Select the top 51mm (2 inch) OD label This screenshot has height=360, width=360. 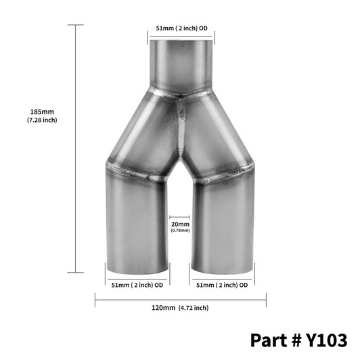(x=181, y=28)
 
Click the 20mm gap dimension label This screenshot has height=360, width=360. (x=180, y=223)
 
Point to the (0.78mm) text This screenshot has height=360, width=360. (x=180, y=230)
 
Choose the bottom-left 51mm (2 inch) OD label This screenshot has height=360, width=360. (x=137, y=284)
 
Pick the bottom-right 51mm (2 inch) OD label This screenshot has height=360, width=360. (x=221, y=284)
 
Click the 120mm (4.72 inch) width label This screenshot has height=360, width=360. (x=179, y=308)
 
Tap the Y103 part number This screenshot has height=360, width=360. (x=326, y=338)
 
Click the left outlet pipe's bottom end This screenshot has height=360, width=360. (x=138, y=265)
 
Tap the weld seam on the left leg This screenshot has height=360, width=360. (x=135, y=171)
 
